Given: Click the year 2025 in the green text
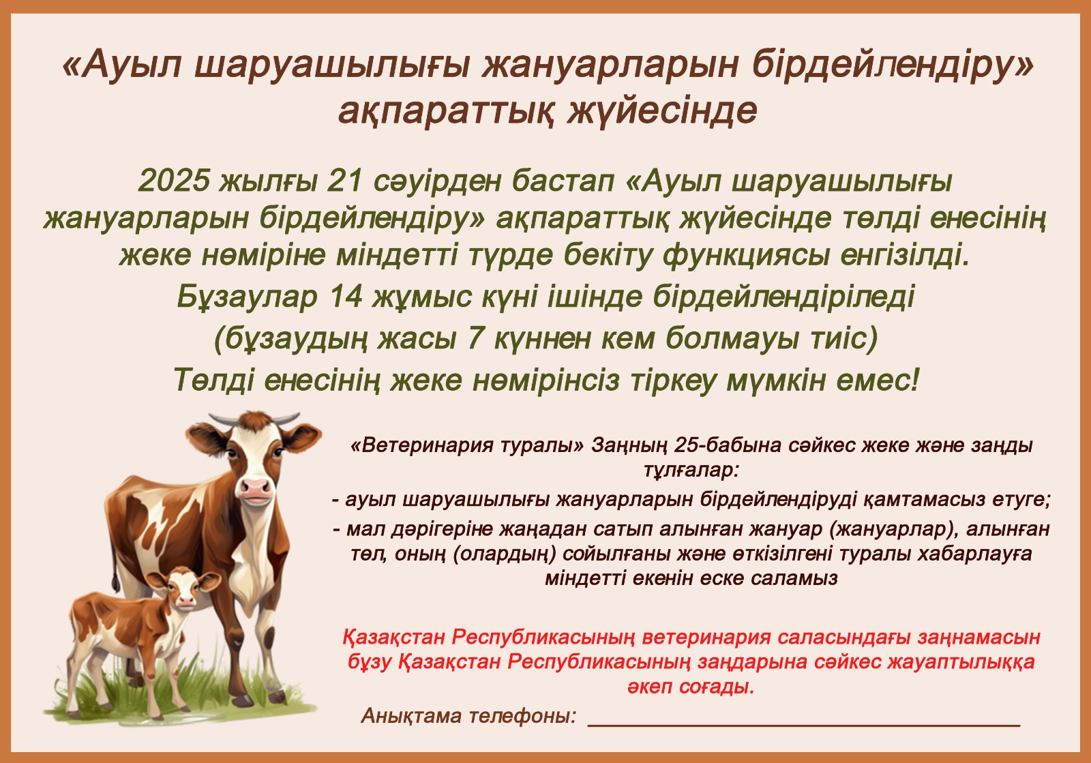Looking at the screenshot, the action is (x=174, y=181).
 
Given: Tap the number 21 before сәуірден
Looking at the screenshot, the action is (x=345, y=181).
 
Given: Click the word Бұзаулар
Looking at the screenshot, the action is (x=247, y=297).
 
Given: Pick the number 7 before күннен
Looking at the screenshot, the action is (x=475, y=338).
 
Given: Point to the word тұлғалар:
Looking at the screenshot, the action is (x=691, y=470).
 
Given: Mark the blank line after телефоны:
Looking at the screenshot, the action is (x=804, y=725).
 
